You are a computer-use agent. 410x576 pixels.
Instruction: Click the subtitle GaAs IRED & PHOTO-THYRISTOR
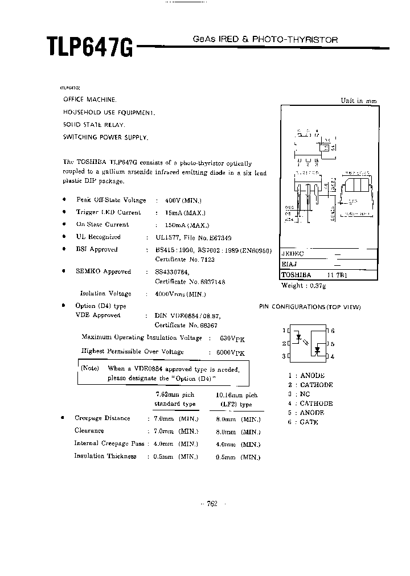point(265,40)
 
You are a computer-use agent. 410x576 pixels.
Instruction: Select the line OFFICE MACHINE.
point(90,99)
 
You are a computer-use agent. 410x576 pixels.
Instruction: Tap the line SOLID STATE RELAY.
point(94,124)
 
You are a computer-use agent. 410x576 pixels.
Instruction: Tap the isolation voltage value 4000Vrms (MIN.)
point(180,294)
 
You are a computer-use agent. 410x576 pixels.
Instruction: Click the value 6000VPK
point(232,352)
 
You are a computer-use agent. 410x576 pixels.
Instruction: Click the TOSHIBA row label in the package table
point(296,274)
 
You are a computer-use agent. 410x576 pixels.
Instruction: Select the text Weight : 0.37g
point(304,285)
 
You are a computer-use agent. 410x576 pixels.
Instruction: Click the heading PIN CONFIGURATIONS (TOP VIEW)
point(310,307)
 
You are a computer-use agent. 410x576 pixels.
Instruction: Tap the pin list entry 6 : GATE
point(303,422)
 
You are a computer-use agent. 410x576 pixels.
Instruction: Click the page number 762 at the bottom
point(212,503)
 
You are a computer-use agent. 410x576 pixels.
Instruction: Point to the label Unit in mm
point(359,101)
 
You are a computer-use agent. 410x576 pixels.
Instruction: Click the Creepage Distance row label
point(102,418)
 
